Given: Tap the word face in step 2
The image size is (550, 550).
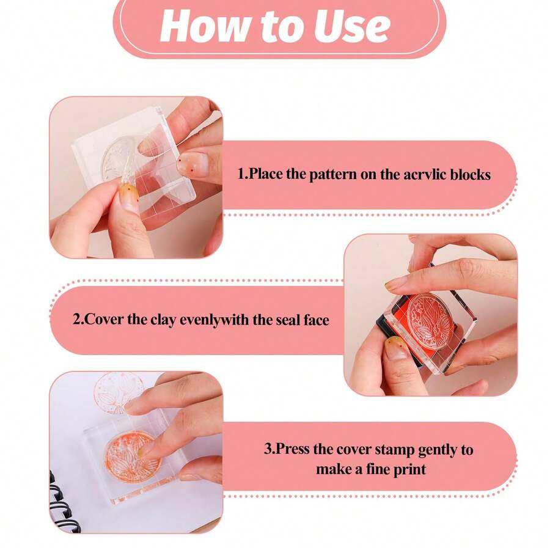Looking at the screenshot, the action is point(317,320).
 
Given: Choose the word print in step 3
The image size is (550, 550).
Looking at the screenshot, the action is point(409,469).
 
